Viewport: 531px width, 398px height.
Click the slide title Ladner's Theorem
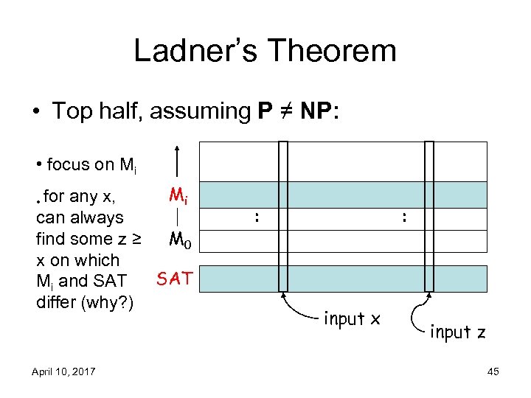265,51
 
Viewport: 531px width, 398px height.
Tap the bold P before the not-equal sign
263,111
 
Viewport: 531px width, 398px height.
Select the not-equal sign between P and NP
283,111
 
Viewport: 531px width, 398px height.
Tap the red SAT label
176,278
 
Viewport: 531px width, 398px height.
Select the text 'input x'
352,318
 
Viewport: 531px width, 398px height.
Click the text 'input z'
457,332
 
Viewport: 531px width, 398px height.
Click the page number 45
493,371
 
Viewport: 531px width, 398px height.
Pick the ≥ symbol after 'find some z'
136,239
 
